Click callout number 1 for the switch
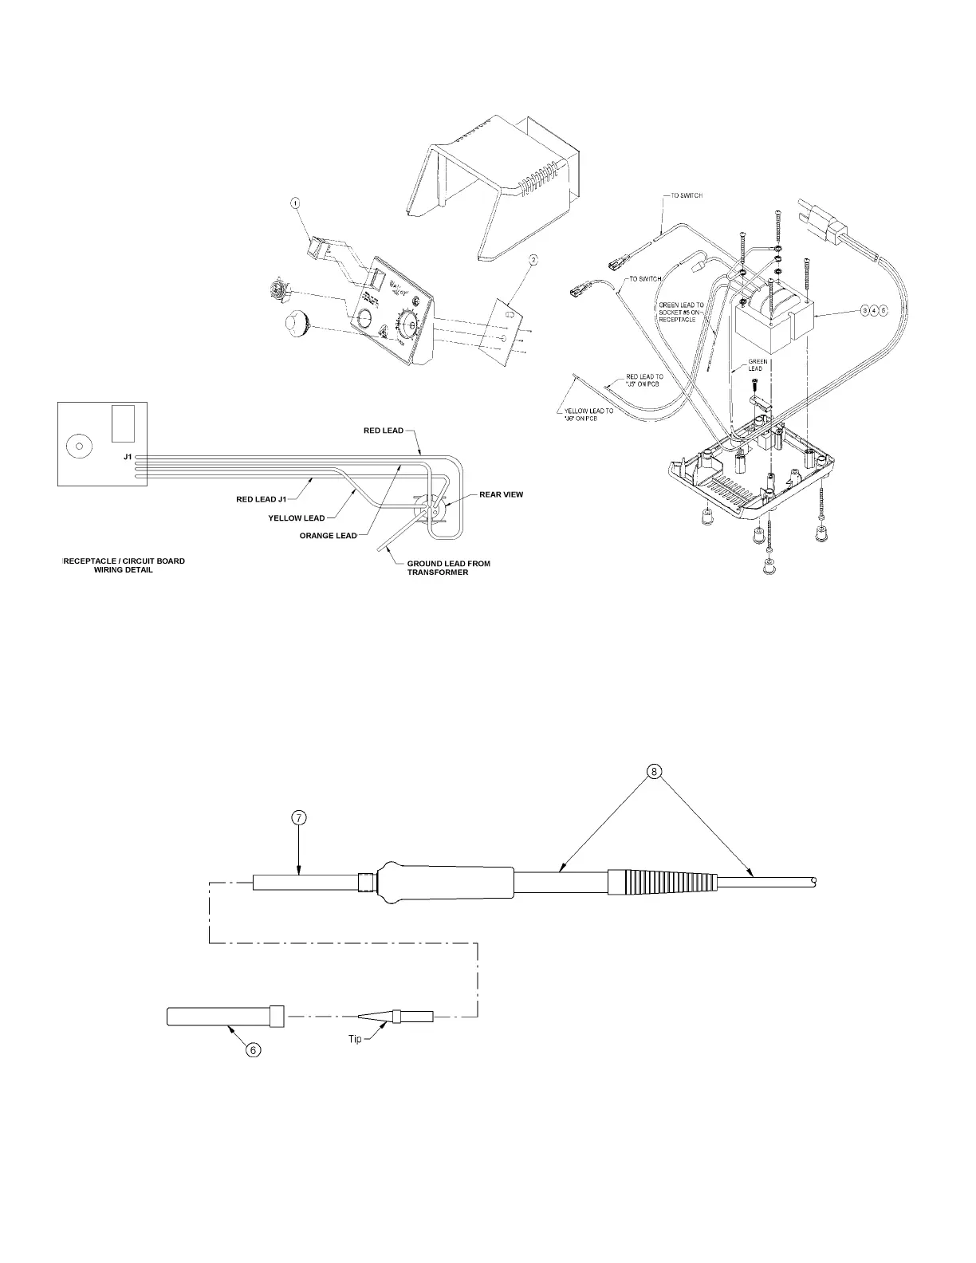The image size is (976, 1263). pyautogui.click(x=296, y=203)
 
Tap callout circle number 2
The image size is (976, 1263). pyautogui.click(x=533, y=260)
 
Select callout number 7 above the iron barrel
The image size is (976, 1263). pyautogui.click(x=297, y=817)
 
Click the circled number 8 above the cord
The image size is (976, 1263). pyautogui.click(x=654, y=771)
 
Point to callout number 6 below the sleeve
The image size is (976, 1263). pyautogui.click(x=253, y=1050)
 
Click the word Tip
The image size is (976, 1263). pyautogui.click(x=355, y=1038)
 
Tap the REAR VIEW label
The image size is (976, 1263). pyautogui.click(x=501, y=494)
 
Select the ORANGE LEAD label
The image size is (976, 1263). pyautogui.click(x=328, y=536)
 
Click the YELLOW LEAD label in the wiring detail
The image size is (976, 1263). pyautogui.click(x=297, y=518)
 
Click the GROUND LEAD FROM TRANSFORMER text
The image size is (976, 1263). pyautogui.click(x=448, y=568)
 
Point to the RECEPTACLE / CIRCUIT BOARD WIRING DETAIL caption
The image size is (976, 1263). pyautogui.click(x=124, y=565)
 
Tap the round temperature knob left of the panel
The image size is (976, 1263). pyautogui.click(x=300, y=325)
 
